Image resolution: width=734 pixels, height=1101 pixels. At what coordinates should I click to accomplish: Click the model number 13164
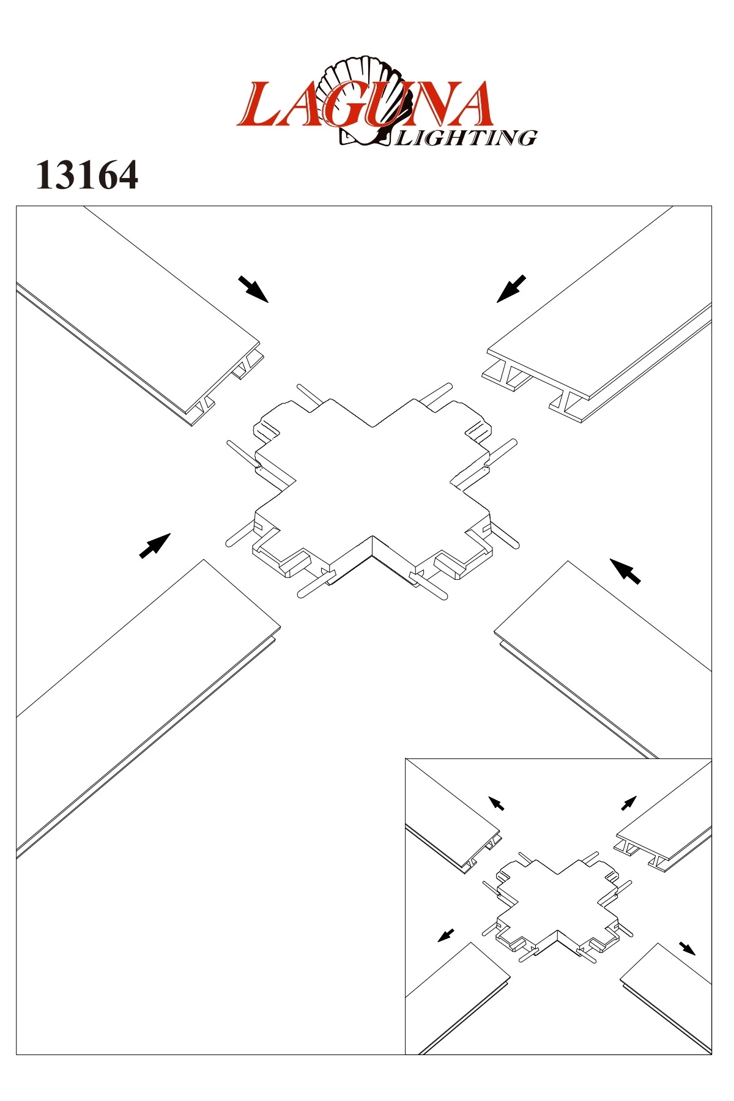(87, 176)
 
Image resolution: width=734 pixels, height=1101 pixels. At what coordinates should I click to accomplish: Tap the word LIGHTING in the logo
(467, 138)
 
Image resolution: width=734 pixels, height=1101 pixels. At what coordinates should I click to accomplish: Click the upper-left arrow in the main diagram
(253, 289)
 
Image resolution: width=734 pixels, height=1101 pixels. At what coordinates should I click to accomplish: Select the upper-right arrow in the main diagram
(511, 289)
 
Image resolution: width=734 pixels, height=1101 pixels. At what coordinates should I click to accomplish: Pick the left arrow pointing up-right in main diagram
(155, 546)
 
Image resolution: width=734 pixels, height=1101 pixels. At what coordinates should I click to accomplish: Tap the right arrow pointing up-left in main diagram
(625, 571)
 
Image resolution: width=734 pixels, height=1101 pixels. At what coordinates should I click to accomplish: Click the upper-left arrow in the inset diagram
(496, 803)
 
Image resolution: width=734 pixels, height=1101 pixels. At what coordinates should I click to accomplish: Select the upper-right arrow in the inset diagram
(629, 803)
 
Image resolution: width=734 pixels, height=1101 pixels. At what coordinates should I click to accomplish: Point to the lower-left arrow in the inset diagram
(447, 935)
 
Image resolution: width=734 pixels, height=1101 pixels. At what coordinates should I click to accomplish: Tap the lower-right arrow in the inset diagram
(688, 948)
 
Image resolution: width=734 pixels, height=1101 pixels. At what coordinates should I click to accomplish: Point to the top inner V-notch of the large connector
(372, 426)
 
